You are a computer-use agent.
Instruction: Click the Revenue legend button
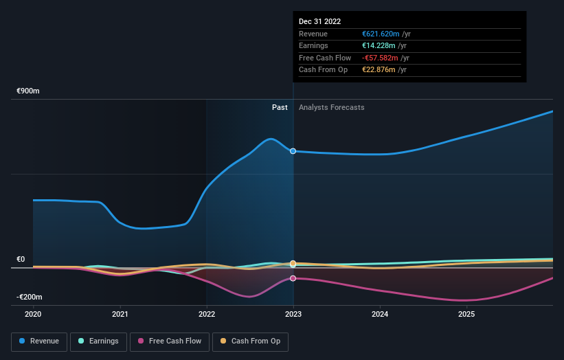point(39,341)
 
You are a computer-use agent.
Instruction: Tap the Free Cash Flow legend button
point(170,341)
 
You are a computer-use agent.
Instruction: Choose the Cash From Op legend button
point(250,341)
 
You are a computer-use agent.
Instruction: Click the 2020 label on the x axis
point(33,314)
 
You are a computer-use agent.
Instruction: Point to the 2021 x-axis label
point(120,314)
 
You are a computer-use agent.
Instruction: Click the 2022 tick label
point(207,314)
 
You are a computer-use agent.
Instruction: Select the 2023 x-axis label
point(293,314)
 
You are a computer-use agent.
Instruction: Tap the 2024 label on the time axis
point(380,314)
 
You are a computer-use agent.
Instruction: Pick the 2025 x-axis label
point(466,314)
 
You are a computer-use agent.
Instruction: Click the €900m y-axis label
point(28,91)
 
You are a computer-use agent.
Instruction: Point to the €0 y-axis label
point(21,259)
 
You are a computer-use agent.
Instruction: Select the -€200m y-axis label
point(30,297)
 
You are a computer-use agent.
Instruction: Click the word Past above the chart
point(280,107)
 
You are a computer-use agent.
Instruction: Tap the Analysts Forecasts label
point(331,107)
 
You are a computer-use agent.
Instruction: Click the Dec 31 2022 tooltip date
point(319,22)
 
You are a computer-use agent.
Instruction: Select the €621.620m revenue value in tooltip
point(386,34)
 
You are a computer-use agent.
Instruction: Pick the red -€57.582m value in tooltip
point(385,58)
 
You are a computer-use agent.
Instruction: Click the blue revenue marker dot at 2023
point(293,151)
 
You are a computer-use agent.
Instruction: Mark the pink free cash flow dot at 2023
point(293,278)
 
